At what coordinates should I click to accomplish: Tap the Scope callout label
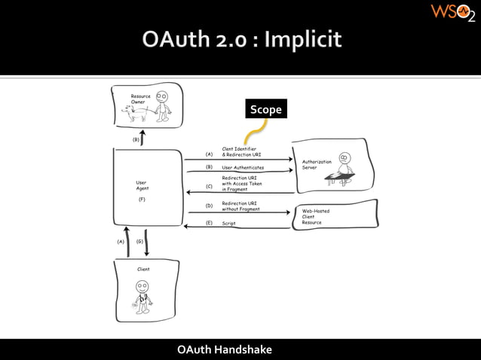[x=265, y=110]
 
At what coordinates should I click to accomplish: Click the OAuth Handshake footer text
[x=224, y=349]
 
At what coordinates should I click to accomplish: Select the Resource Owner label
[x=140, y=99]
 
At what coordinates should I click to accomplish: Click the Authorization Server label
[x=316, y=165]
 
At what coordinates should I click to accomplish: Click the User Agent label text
[x=141, y=185]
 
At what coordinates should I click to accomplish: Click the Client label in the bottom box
[x=142, y=269]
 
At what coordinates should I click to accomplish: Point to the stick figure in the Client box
[x=142, y=295]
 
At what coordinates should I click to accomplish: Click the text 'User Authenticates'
[x=243, y=167]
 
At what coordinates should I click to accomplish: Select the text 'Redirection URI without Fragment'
[x=240, y=206]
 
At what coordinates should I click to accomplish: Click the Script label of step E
[x=228, y=224]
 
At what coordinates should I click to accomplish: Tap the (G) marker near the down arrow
[x=139, y=242]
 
